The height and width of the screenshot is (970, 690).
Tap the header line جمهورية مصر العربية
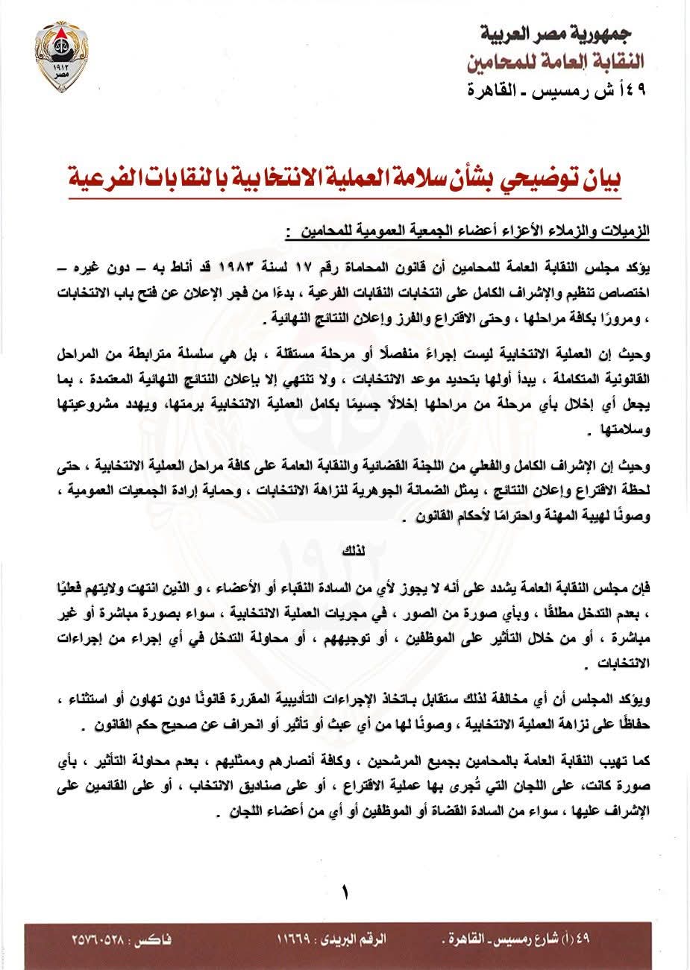tap(555, 34)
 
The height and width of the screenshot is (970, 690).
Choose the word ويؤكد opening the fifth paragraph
tap(630, 700)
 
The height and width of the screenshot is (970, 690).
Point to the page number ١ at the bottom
tap(345, 892)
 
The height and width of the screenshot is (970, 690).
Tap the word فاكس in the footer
tap(154, 936)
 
